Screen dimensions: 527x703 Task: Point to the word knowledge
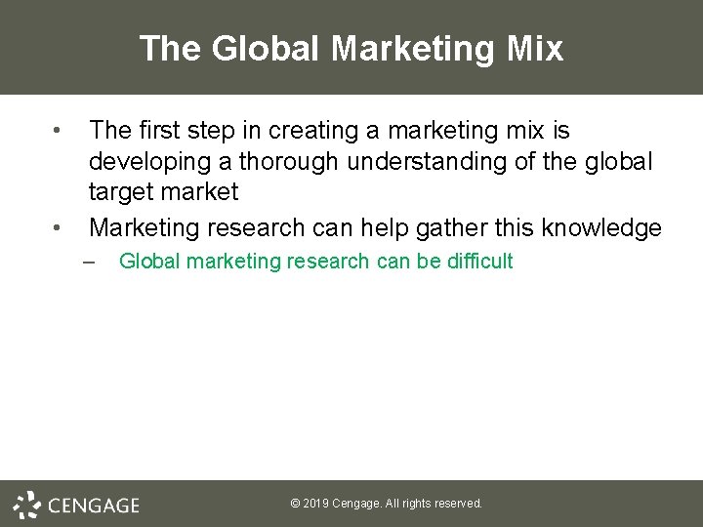(605, 228)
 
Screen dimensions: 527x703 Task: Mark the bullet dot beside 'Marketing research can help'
(58, 228)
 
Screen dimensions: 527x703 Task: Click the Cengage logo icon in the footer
(28, 504)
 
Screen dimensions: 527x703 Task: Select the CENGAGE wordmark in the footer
(94, 505)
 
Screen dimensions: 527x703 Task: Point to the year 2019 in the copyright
(316, 504)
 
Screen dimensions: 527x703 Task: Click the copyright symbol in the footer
(296, 504)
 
